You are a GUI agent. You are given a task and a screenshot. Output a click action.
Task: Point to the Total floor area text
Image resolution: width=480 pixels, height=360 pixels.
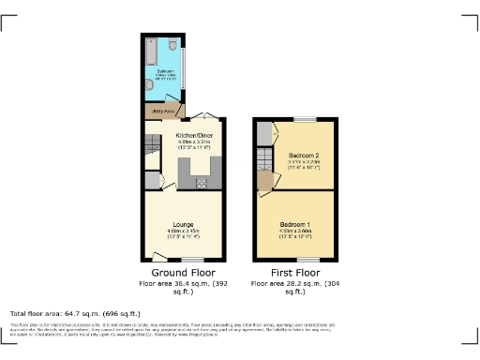click(75, 312)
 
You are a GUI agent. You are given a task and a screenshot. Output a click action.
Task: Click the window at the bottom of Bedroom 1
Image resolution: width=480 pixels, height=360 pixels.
click(305, 259)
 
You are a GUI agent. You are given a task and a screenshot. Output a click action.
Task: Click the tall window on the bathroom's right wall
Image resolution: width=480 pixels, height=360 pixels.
click(184, 66)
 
